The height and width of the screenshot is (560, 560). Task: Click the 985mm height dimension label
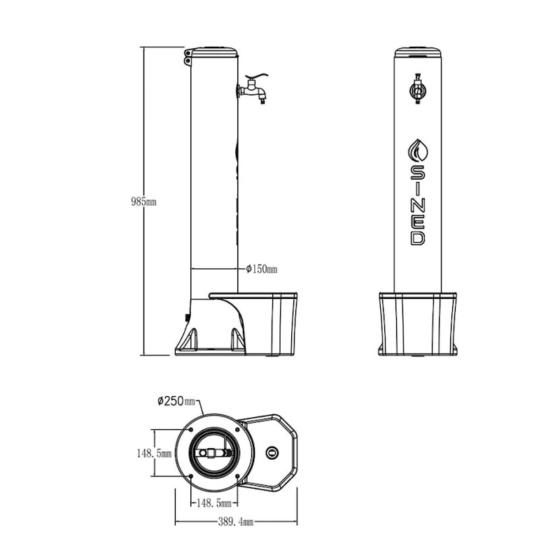143,202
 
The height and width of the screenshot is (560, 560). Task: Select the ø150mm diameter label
262,269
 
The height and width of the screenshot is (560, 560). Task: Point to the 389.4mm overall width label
235,521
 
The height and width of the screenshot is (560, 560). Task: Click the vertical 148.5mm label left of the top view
153,454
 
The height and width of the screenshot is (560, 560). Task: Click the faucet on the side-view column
253,89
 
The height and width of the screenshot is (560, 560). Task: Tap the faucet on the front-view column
417,90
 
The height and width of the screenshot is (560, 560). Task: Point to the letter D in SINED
417,237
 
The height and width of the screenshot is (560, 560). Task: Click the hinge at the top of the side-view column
188,57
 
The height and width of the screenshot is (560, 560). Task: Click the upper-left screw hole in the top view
190,430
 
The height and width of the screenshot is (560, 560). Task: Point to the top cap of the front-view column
417,52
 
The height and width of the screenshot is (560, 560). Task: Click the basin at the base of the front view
417,323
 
